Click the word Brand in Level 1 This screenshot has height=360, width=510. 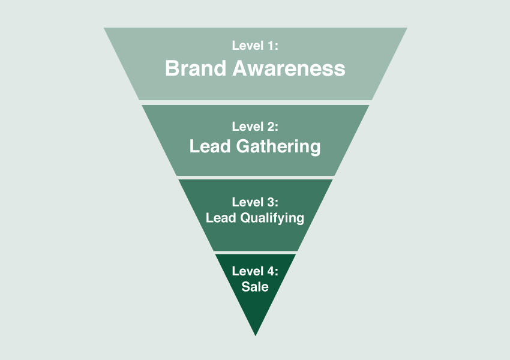(196, 68)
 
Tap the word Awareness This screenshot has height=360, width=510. (289, 68)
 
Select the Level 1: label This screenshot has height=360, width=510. (255, 45)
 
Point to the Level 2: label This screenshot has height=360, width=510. (255, 127)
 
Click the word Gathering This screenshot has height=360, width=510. (278, 146)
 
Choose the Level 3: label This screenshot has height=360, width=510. (255, 202)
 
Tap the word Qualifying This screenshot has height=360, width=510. (272, 218)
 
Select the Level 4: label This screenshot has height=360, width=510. (255, 271)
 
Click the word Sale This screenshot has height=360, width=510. (255, 287)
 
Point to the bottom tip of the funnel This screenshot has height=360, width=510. (256, 336)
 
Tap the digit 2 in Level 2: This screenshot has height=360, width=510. (271, 127)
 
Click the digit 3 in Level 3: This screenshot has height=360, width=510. (271, 202)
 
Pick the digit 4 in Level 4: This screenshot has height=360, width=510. (271, 271)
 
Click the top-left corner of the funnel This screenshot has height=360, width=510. (104, 28)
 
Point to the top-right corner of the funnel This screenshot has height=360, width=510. (407, 28)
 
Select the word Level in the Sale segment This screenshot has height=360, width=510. (248, 271)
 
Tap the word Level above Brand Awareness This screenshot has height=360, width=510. (248, 45)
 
